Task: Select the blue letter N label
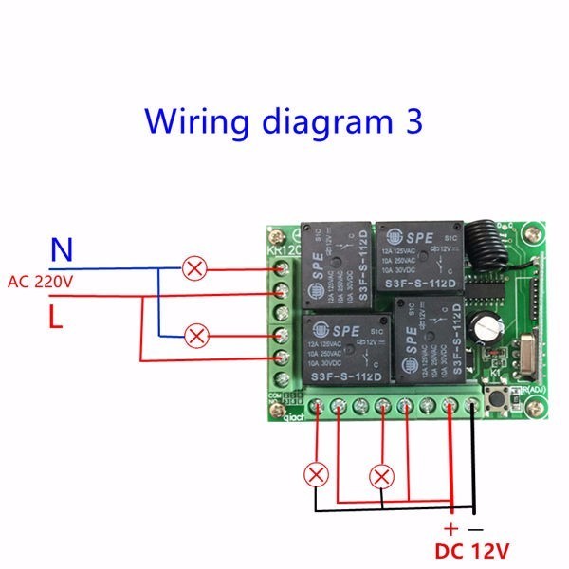click(x=61, y=250)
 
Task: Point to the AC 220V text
click(x=40, y=283)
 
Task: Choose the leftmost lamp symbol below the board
click(x=314, y=474)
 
